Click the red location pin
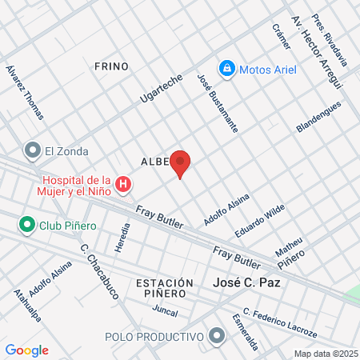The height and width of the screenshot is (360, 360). click(x=181, y=163)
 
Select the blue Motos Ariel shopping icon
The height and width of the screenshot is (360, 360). click(x=227, y=70)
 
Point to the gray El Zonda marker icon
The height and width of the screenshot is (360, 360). click(x=33, y=150)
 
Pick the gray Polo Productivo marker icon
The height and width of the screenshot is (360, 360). click(x=215, y=336)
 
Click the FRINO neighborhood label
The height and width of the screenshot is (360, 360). click(x=110, y=66)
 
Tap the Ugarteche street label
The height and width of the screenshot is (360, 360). click(x=162, y=91)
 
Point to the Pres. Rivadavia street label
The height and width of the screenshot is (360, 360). click(x=330, y=40)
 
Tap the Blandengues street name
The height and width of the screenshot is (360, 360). click(x=318, y=117)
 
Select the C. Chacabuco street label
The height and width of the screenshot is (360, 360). click(x=99, y=271)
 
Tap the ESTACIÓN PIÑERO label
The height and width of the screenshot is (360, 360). click(x=165, y=288)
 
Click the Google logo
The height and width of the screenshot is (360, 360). click(x=27, y=350)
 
